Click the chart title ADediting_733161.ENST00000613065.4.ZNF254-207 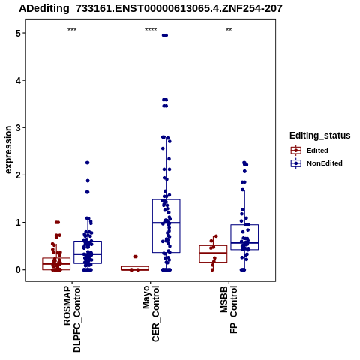click(x=151, y=8)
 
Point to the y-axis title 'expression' click(x=8, y=150)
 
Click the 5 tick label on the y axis click(x=19, y=33)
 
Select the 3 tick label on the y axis click(x=19, y=127)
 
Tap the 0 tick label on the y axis click(x=19, y=270)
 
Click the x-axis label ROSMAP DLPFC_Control click(x=72, y=319)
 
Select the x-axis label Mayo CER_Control click(x=151, y=313)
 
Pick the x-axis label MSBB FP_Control click(x=229, y=310)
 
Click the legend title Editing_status click(x=320, y=136)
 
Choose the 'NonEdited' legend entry click(x=316, y=163)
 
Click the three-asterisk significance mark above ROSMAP click(x=72, y=29)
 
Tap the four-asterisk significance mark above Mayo click(x=151, y=29)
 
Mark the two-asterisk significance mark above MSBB click(x=229, y=29)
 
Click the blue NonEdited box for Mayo click(x=166, y=226)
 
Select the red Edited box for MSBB click(x=213, y=253)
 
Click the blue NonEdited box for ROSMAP click(x=88, y=252)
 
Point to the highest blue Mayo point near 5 click(x=165, y=35)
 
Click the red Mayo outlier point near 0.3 click(x=136, y=256)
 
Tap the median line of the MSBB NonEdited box click(x=244, y=243)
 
